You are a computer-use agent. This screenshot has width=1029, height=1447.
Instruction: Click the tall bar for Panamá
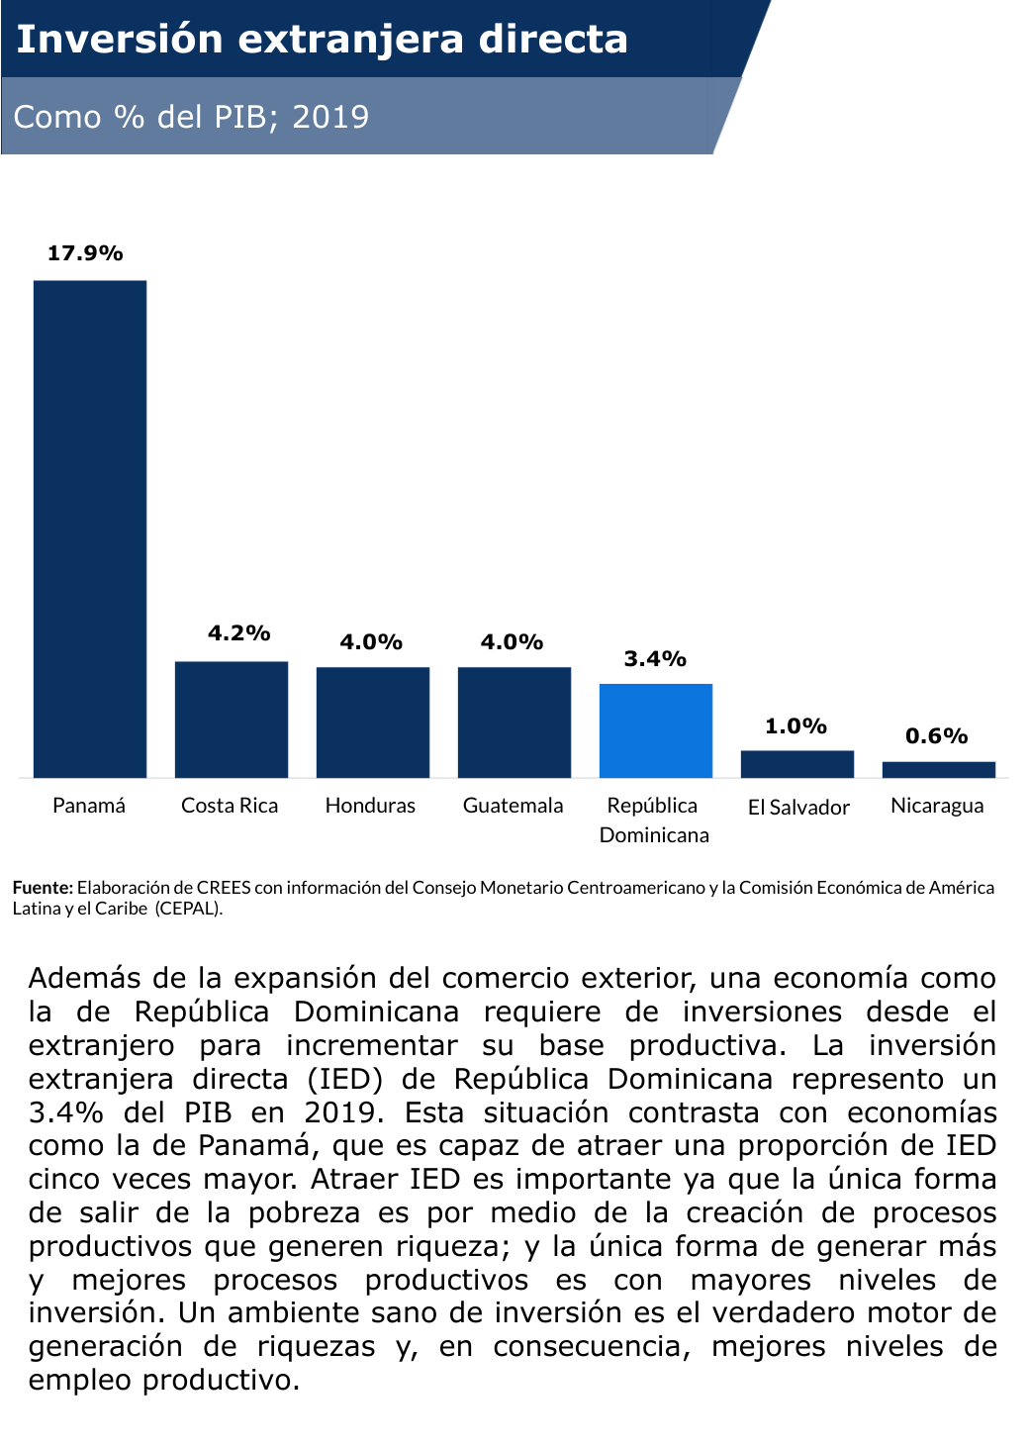point(90,529)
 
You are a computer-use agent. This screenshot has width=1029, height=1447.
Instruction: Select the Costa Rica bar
point(232,720)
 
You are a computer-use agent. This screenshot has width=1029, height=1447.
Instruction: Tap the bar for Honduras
point(373,723)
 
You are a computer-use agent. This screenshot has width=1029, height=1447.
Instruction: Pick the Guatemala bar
point(514,723)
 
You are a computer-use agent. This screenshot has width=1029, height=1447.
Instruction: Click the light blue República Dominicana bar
point(656,730)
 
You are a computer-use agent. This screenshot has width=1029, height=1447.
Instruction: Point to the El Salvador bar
point(797,764)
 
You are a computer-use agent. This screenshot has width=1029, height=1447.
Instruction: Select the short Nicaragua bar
point(939,770)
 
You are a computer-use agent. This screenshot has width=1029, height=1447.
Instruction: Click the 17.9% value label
point(85,253)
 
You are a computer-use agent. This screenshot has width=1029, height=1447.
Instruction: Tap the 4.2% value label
point(238,633)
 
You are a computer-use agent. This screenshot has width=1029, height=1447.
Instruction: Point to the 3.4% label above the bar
point(655,659)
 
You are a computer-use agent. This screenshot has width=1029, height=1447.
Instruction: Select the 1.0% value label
point(795,726)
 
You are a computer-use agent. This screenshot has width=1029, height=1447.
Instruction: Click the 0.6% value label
point(936,736)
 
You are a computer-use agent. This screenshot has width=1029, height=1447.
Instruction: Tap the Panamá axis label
point(89,806)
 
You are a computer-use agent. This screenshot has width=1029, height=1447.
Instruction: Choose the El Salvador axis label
point(798,808)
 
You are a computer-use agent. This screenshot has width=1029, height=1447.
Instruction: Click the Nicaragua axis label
point(937,806)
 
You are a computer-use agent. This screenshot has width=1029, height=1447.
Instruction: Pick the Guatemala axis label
point(513,806)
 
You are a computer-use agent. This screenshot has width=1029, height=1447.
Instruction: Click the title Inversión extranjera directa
point(323,40)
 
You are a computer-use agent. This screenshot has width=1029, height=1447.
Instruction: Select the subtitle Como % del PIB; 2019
point(191,117)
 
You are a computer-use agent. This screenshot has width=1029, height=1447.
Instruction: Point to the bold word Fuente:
point(43,888)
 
